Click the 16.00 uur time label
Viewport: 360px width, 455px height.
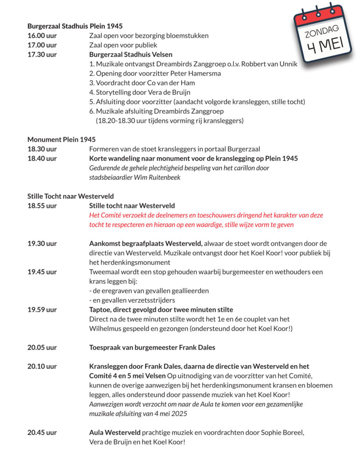coord(42,36)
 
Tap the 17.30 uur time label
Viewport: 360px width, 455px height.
coord(42,55)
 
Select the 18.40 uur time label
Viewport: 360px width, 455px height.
coord(42,159)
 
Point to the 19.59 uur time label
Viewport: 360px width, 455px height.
coord(42,310)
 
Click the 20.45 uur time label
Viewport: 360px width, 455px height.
coord(42,432)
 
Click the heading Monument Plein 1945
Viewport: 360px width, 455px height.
coord(61,140)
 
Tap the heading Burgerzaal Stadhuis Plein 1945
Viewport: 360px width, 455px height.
coord(75,26)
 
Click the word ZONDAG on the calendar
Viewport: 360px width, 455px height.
coord(322,32)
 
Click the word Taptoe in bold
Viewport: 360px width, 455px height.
coord(100,310)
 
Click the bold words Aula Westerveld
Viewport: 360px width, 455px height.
coord(115,432)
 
